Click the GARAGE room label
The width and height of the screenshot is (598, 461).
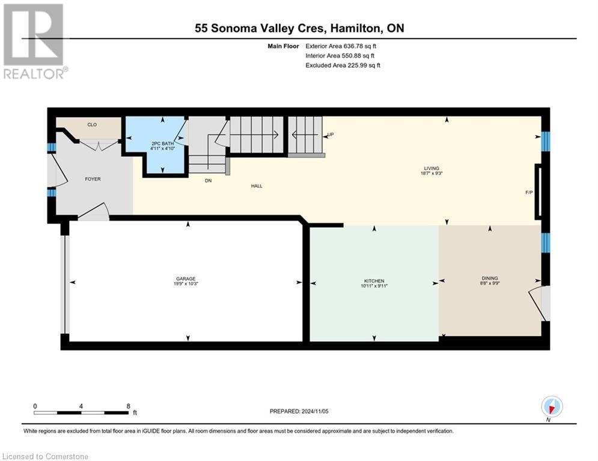coord(186,278)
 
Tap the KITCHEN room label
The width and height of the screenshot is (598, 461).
coord(374,281)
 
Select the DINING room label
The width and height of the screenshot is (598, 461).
coord(490,278)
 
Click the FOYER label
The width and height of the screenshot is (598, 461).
coord(93,179)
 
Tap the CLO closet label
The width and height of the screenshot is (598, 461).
coord(92,125)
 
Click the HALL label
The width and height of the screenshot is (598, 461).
coord(257,186)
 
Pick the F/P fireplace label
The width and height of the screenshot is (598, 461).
coord(529,193)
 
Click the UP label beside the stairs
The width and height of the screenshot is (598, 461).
coord(330,134)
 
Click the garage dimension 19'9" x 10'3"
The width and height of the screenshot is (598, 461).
coord(186,284)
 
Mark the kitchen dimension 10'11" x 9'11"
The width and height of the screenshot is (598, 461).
coord(374,286)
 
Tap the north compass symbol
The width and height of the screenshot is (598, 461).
coord(551,406)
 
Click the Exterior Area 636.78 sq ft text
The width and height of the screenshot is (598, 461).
coord(341,46)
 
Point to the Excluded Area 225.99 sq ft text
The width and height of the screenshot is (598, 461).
coord(343,65)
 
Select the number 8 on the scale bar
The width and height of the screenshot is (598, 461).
coord(129,406)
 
